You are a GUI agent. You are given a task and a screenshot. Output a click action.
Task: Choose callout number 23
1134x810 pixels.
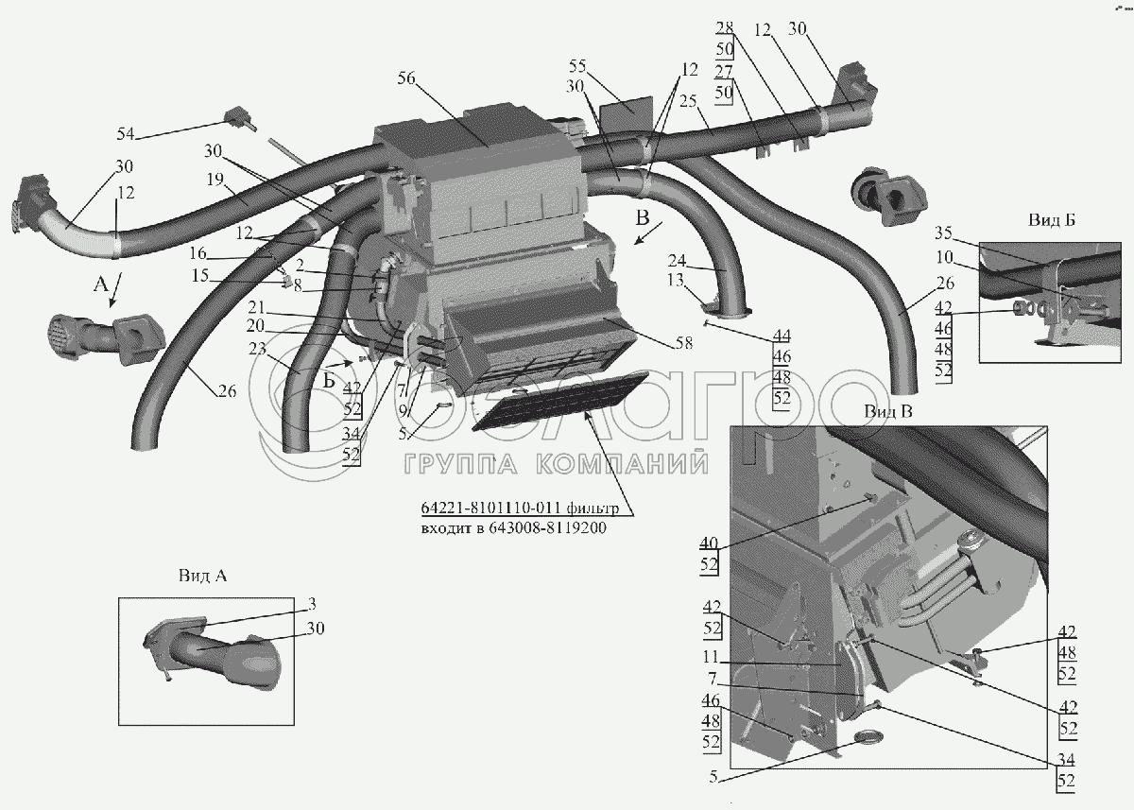257,348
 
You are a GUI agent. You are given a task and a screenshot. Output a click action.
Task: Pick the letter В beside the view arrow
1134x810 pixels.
644,219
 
